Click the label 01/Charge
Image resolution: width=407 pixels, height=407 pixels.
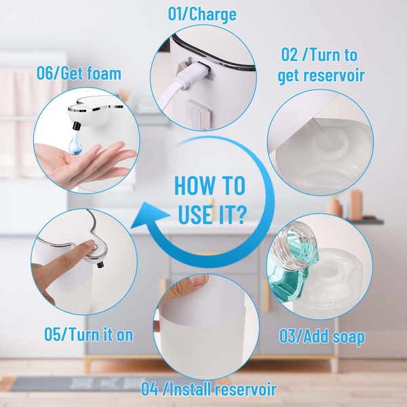202,14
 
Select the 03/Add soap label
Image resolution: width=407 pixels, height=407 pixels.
322,337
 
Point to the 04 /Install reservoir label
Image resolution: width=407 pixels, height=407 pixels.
209,389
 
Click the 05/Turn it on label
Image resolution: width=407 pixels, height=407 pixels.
88,334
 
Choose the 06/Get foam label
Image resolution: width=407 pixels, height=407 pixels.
79,73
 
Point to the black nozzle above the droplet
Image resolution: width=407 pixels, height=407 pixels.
77,125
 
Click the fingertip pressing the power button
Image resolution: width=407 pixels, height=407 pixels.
90,244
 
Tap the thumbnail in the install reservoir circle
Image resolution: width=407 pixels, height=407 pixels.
199,281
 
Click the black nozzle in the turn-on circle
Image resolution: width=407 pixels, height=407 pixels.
100,265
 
